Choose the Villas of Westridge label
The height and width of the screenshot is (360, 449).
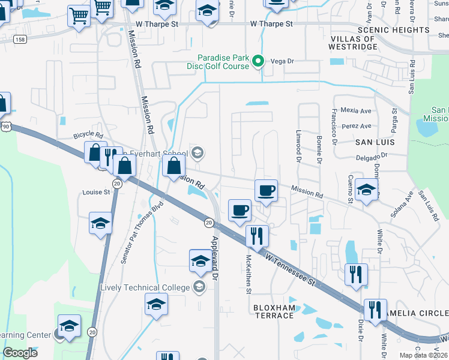(361, 43)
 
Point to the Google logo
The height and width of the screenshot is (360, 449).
(20, 353)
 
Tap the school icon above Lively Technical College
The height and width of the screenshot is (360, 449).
(200, 260)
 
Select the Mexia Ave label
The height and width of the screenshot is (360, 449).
(356, 110)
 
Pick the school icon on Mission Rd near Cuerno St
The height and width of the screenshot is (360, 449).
(366, 190)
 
